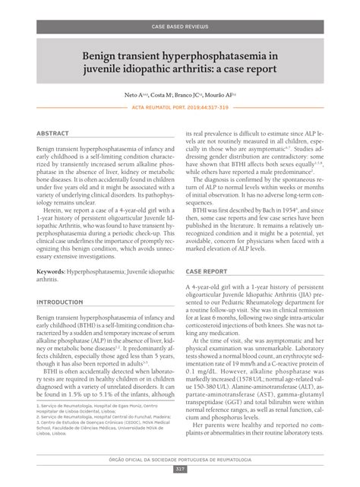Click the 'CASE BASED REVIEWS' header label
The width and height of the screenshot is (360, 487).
coord(179,27)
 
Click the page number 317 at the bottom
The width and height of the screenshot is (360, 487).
coord(180,468)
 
